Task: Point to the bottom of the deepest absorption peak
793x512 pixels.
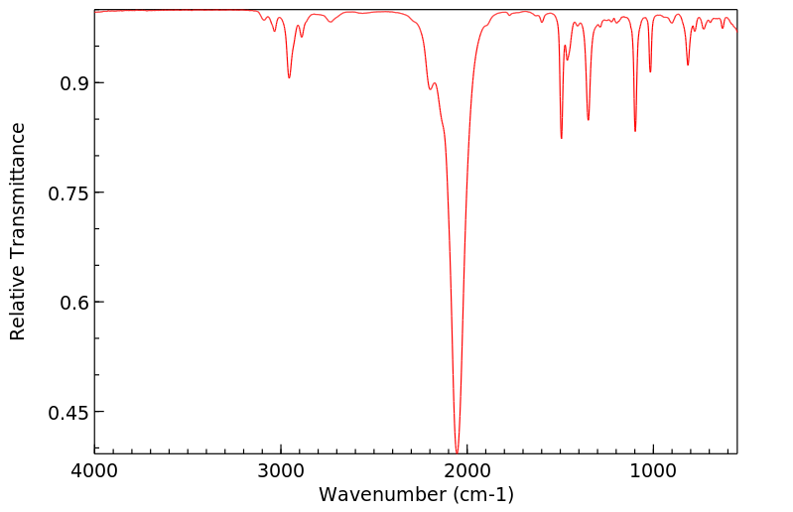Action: [457, 451]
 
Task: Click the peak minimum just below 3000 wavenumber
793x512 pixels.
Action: [289, 77]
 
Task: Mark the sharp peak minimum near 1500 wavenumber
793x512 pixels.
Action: [562, 138]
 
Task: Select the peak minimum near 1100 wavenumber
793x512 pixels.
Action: [635, 131]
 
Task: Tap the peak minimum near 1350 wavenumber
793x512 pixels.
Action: [589, 120]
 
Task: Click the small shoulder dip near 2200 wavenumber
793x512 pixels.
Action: [430, 89]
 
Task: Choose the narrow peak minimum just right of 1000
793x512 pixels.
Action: [650, 71]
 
